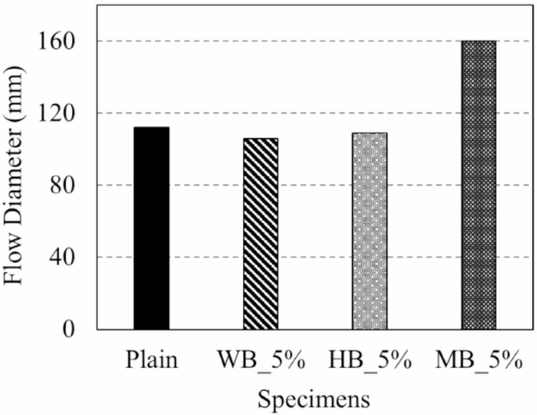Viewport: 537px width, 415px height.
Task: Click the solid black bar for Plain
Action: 151,228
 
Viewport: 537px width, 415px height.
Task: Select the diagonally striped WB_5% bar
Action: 260,234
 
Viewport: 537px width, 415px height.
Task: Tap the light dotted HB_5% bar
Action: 369,231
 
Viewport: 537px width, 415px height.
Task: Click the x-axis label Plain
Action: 151,362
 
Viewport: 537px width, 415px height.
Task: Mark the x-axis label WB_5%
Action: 260,362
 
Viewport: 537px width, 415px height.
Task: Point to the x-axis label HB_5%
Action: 369,362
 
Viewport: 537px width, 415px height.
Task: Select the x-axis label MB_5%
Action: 478,362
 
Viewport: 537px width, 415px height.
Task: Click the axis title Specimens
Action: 314,397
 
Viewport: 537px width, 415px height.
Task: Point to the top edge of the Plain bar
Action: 151,128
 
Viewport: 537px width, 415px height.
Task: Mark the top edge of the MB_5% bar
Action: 478,41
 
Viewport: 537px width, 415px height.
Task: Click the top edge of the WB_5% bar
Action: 260,139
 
